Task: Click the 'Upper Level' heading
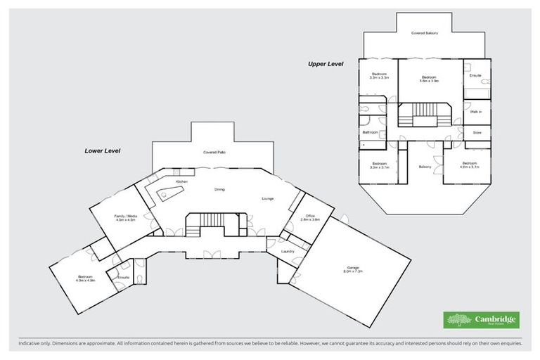click(325, 64)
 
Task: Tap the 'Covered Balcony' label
click(425, 33)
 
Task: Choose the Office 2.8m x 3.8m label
click(311, 218)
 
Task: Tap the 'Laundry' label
click(287, 251)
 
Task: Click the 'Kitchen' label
click(181, 182)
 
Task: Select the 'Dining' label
click(219, 190)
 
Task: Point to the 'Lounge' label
click(268, 199)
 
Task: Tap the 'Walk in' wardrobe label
click(475, 112)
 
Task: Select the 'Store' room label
click(476, 131)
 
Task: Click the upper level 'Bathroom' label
click(371, 132)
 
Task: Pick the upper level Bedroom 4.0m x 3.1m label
click(469, 166)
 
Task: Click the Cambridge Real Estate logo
click(481, 321)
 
